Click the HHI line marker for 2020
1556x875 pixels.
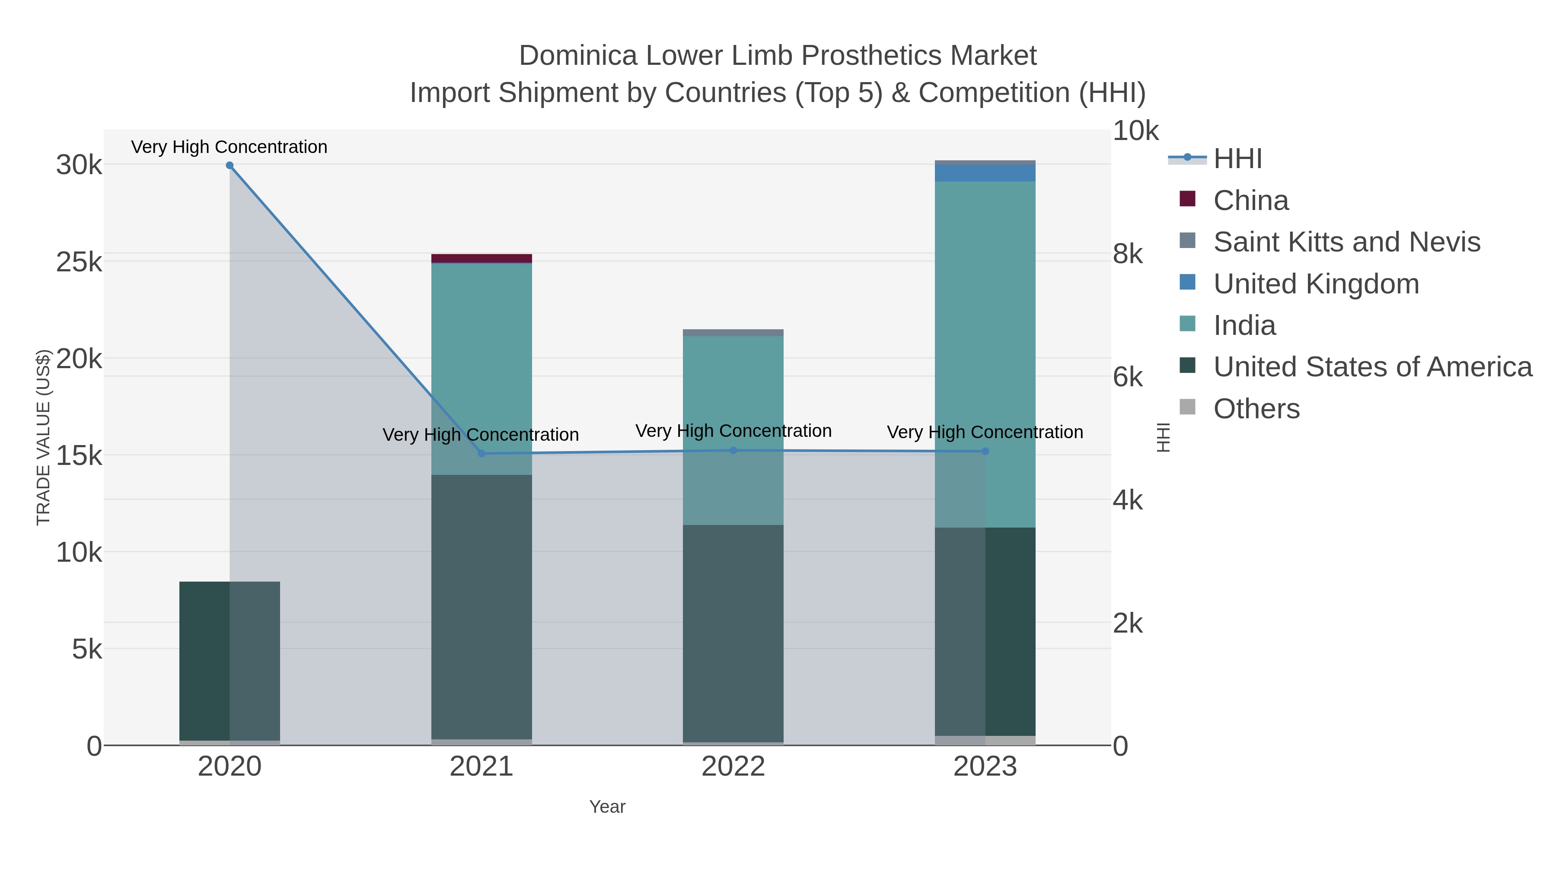pyautogui.click(x=230, y=165)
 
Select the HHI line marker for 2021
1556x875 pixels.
pyautogui.click(x=481, y=454)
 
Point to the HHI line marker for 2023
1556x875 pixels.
pyautogui.click(x=985, y=451)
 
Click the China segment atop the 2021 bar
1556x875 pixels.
pyautogui.click(x=481, y=258)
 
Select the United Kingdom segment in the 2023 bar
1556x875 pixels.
pyautogui.click(x=985, y=173)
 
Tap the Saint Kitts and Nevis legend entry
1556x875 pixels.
pyautogui.click(x=1346, y=242)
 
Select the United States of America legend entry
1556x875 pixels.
pyautogui.click(x=1372, y=367)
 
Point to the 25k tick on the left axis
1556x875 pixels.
pyautogui.click(x=79, y=262)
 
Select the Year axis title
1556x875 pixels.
pyautogui.click(x=607, y=807)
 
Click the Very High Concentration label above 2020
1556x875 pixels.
pyautogui.click(x=230, y=147)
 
